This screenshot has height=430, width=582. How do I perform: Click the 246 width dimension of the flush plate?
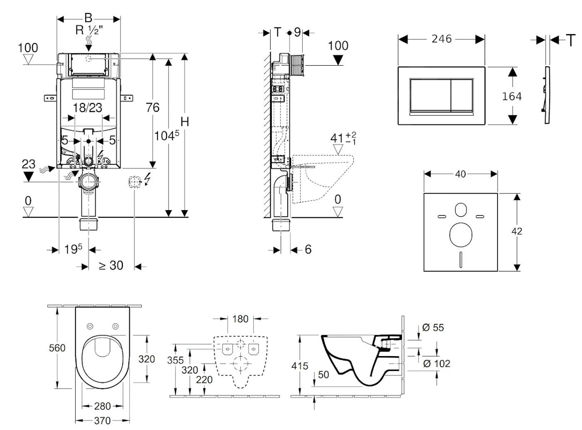pyautogui.click(x=441, y=39)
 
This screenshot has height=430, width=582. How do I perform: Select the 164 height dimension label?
pyautogui.click(x=512, y=96)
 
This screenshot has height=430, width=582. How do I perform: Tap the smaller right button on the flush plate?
pyautogui.click(x=462, y=95)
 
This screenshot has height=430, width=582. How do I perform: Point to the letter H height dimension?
pyautogui.click(x=185, y=121)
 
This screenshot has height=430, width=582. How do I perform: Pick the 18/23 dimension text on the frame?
pyautogui.click(x=87, y=108)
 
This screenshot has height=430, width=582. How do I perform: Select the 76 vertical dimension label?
pyautogui.click(x=153, y=107)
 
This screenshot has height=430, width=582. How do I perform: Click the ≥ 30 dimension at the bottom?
pyautogui.click(x=111, y=265)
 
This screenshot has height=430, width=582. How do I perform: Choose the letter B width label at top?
pyautogui.click(x=88, y=18)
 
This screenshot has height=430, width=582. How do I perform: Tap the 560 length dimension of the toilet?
pyautogui.click(x=57, y=347)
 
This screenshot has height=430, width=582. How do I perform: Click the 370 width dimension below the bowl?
pyautogui.click(x=102, y=420)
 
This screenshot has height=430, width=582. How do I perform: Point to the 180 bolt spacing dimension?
pyautogui.click(x=240, y=319)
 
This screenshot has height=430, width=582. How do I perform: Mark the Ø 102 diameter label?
pyautogui.click(x=436, y=363)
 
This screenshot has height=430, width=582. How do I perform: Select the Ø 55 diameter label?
pyautogui.click(x=433, y=328)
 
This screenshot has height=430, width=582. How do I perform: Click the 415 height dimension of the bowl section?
pyautogui.click(x=300, y=366)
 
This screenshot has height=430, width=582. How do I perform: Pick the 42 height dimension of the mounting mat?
pyautogui.click(x=517, y=231)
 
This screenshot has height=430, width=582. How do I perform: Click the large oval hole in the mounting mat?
pyautogui.click(x=461, y=233)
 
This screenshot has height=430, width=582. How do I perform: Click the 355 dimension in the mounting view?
pyautogui.click(x=175, y=360)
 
